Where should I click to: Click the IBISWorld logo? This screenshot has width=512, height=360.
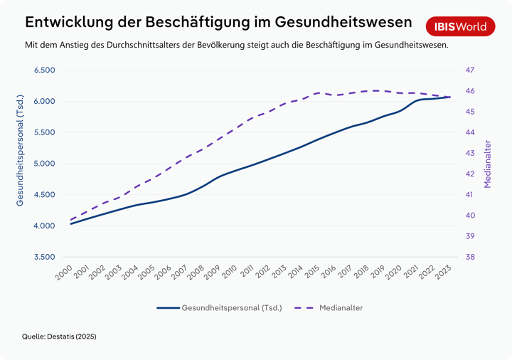tap(461, 27)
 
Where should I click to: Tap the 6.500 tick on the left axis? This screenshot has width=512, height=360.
tap(45, 70)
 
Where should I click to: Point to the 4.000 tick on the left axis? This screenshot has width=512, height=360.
tap(45, 226)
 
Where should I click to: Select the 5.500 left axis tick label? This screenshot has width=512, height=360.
tap(45, 133)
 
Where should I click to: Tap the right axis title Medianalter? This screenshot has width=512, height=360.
tap(488, 164)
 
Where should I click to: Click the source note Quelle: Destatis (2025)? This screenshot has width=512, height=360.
tap(59, 336)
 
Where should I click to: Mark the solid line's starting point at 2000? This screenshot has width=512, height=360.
tap(71, 223)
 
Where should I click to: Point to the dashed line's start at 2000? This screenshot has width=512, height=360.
tap(71, 219)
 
